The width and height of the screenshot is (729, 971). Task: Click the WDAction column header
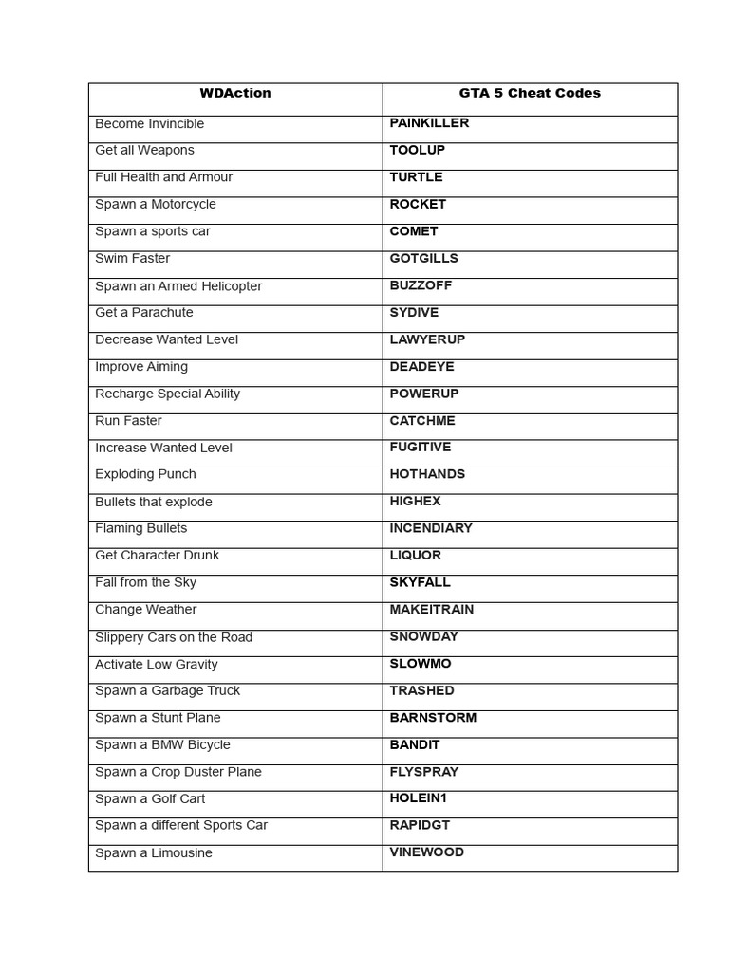(235, 93)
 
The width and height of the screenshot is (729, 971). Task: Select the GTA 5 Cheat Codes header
(530, 93)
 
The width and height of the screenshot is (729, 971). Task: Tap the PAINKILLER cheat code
(429, 123)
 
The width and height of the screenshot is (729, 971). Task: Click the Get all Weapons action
(144, 150)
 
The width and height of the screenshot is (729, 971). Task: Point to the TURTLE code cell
(416, 177)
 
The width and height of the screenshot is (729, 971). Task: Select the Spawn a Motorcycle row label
(156, 204)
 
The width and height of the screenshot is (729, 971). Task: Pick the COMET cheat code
(414, 231)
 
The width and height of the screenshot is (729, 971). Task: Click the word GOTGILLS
(423, 258)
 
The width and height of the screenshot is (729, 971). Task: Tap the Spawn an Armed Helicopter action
(178, 285)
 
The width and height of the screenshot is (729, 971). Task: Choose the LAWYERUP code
(427, 339)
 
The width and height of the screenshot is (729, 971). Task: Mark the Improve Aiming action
(141, 366)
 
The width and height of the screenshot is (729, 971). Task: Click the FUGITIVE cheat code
(421, 447)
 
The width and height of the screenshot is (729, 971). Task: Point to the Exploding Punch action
(145, 474)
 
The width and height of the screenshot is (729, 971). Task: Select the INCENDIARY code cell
(431, 528)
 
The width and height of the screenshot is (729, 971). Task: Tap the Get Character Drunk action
(157, 555)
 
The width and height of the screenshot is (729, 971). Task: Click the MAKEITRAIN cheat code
(432, 609)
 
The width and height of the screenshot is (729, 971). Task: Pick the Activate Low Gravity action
(156, 664)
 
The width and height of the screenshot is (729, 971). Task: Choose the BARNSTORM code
(433, 717)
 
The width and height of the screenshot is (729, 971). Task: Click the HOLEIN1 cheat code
(418, 798)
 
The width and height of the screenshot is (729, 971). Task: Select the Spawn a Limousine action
(154, 852)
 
